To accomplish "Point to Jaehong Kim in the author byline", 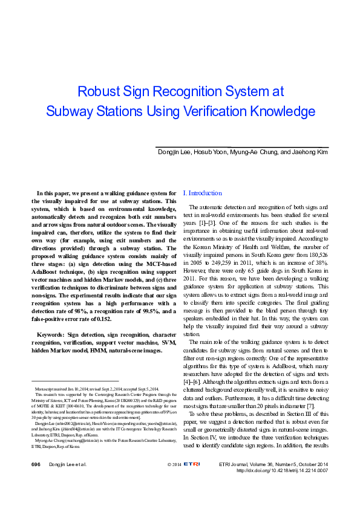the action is click(x=310, y=151).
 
